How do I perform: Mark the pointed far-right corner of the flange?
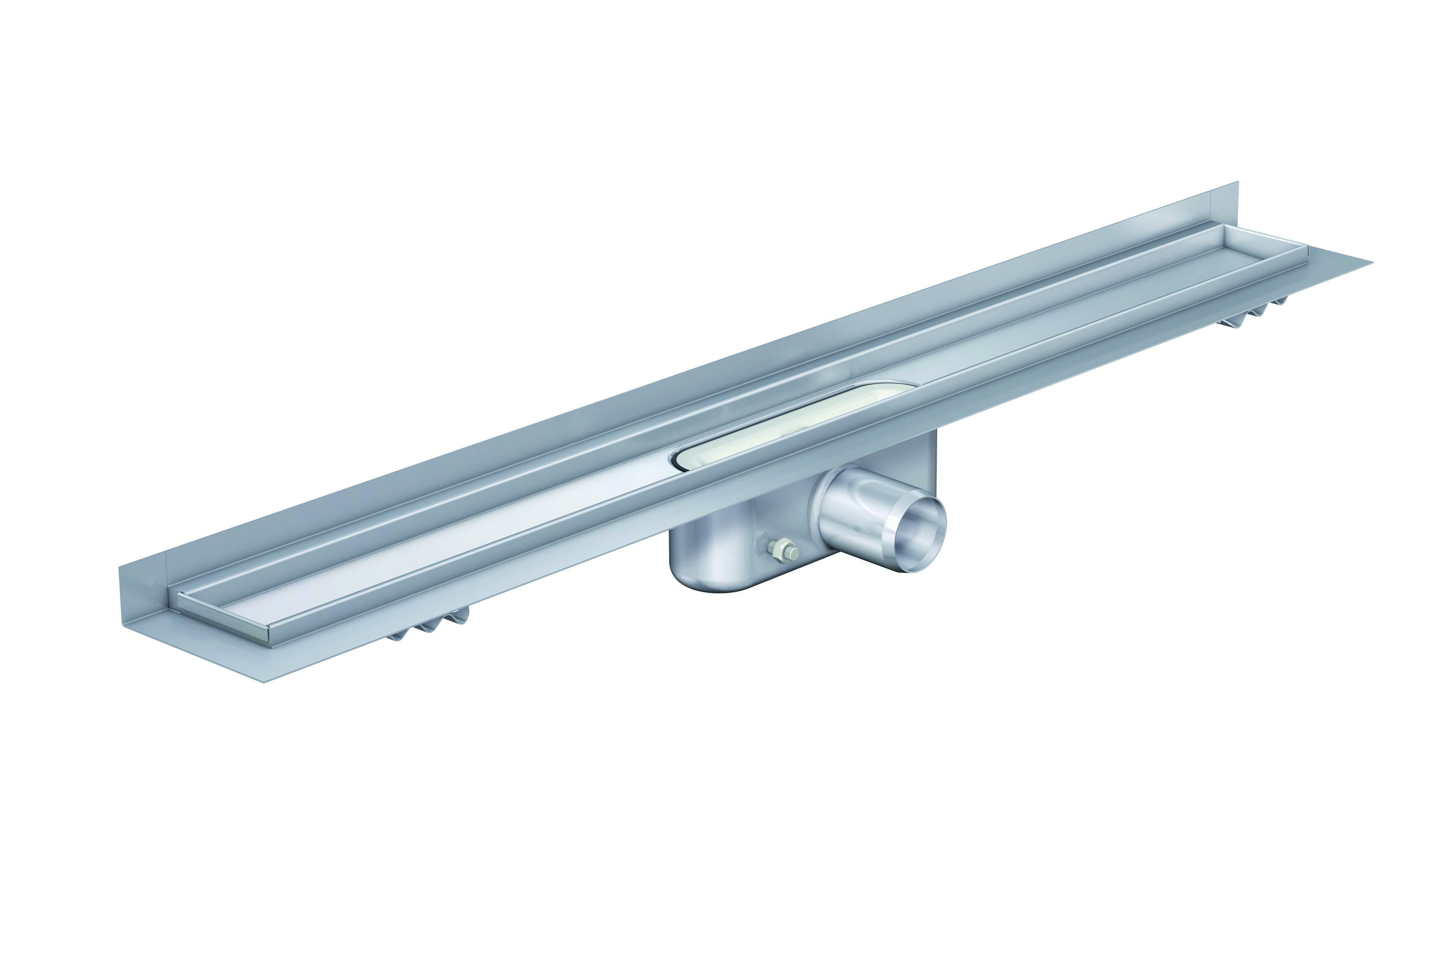(x=1371, y=262)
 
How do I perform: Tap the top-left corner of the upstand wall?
(x=119, y=568)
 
